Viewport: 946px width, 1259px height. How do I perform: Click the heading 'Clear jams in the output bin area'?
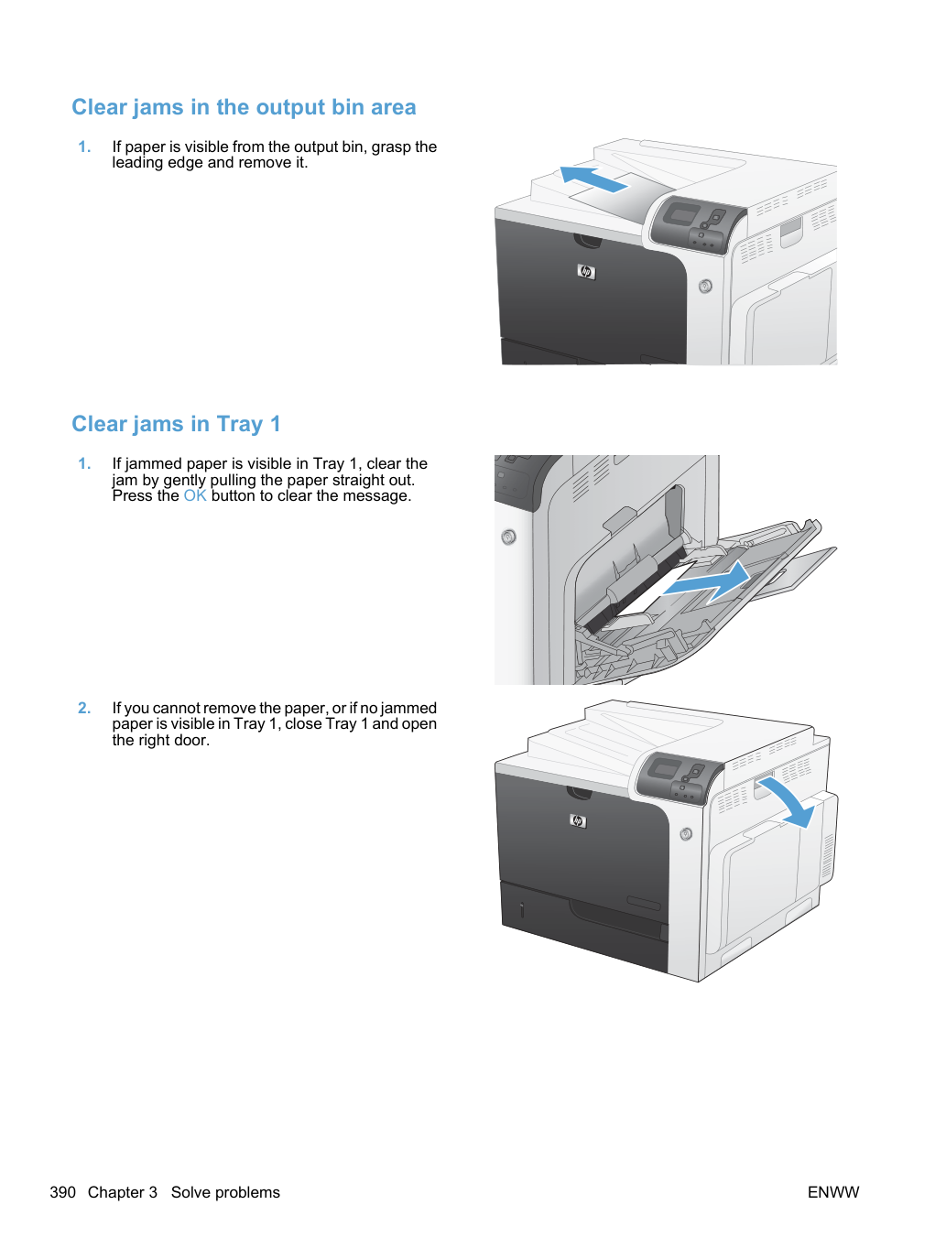click(244, 108)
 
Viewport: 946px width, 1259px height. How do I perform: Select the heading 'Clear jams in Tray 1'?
click(176, 425)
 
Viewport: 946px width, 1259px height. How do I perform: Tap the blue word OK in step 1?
click(195, 495)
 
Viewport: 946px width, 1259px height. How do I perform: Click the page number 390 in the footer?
click(62, 1192)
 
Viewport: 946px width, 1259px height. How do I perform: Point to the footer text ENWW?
click(833, 1192)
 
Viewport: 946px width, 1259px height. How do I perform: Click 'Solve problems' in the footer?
click(225, 1192)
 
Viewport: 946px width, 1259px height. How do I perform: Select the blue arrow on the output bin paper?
click(593, 179)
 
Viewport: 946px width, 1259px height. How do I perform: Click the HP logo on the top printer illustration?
click(586, 272)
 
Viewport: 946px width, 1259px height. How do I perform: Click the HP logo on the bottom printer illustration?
click(578, 820)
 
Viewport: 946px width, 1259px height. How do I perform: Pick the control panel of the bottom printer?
click(680, 777)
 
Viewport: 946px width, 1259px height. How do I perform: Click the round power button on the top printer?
click(706, 286)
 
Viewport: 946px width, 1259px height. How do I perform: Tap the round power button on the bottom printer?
click(686, 834)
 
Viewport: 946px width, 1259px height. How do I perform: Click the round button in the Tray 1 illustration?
click(508, 537)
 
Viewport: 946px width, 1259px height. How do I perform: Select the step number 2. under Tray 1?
click(84, 708)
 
